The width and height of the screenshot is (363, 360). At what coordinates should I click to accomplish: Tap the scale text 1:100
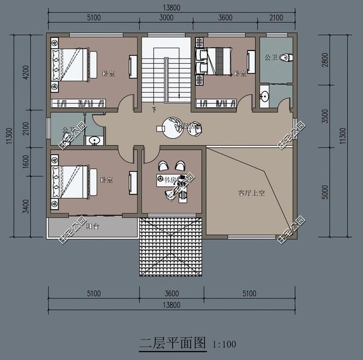tap(224, 344)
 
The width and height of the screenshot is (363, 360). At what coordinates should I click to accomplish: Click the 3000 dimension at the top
tap(166, 18)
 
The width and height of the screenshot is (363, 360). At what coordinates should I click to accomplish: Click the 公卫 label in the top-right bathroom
tap(270, 57)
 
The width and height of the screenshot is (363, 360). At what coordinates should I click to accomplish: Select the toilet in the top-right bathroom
tap(285, 57)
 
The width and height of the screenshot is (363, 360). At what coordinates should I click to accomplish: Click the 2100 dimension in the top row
tap(276, 18)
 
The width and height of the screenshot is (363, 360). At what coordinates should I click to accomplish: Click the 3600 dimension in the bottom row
tap(171, 294)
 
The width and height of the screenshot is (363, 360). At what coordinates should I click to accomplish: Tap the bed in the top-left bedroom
tap(71, 63)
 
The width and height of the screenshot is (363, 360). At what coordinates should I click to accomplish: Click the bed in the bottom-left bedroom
tap(71, 182)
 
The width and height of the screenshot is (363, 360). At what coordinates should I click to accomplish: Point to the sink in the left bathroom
tap(94, 140)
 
